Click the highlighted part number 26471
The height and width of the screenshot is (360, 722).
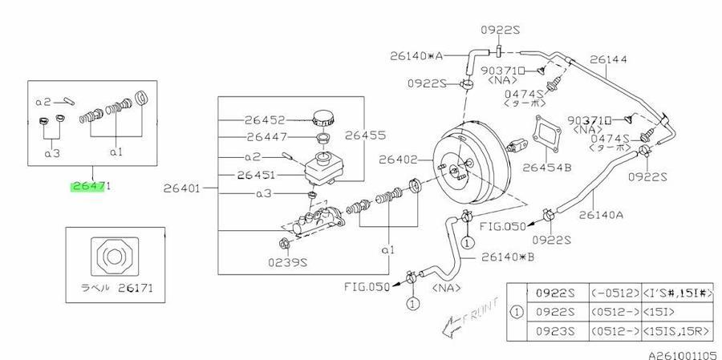pyautogui.click(x=90, y=186)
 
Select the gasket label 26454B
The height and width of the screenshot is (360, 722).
pyautogui.click(x=545, y=168)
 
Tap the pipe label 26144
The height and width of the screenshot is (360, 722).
pyautogui.click(x=606, y=59)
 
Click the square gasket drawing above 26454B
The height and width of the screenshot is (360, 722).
pyautogui.click(x=548, y=133)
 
